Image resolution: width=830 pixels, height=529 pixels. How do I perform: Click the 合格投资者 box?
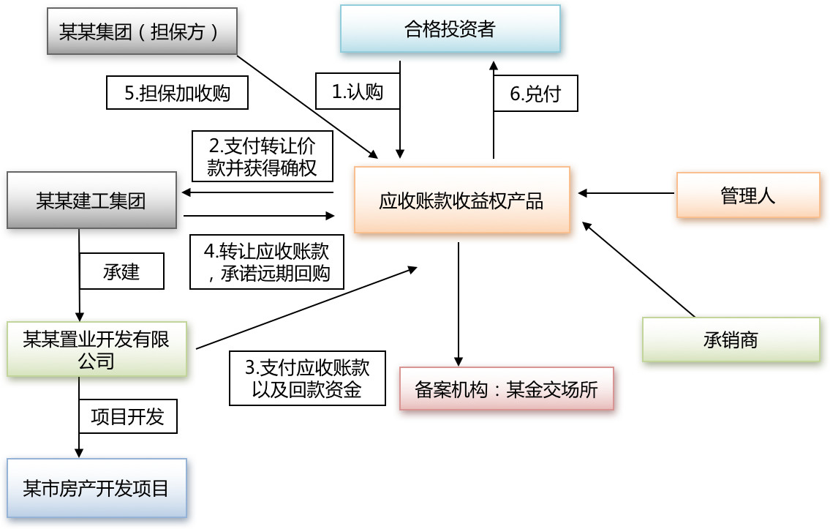[x=450, y=29]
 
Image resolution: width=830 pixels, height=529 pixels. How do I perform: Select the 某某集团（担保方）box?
[x=142, y=31]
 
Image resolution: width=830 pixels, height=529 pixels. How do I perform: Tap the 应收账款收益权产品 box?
[x=461, y=200]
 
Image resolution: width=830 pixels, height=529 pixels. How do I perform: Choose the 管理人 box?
[x=747, y=195]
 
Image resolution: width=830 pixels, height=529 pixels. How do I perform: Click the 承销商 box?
[x=731, y=339]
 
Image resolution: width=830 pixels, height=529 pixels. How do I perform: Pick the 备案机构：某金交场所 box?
[x=506, y=389]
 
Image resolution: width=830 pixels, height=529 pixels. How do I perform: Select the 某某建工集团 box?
[x=91, y=200]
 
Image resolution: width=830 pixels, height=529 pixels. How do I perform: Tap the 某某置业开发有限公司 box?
[x=97, y=349]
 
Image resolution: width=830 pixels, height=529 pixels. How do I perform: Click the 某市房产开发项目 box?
[x=97, y=488]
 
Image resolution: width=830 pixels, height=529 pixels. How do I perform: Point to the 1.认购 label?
[x=358, y=91]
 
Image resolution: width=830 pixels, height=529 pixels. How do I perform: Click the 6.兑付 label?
[x=535, y=94]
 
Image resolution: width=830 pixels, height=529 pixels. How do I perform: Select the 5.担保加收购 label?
[x=177, y=93]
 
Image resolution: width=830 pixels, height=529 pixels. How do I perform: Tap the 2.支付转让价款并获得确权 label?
[x=263, y=156]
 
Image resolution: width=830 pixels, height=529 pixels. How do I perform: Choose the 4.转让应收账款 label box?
[x=267, y=262]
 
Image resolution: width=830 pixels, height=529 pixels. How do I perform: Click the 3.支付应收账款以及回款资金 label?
[x=307, y=378]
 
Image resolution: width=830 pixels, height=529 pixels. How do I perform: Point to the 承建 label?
[x=121, y=271]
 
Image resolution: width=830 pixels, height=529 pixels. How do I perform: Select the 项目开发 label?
[x=128, y=416]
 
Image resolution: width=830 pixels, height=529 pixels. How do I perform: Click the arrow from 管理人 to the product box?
[x=626, y=194]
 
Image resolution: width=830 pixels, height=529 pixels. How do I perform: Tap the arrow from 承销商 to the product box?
[x=638, y=269]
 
